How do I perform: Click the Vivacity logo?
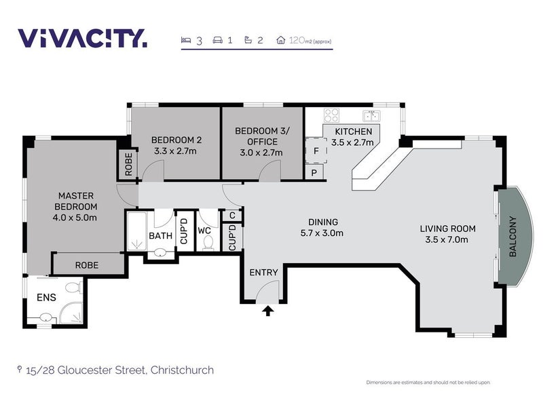point(81,38)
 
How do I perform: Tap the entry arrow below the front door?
point(268,311)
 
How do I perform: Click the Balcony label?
point(512,237)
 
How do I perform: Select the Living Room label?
point(447,233)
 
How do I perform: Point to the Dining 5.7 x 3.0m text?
point(323,227)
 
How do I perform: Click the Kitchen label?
point(352,137)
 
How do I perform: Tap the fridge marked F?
point(316,151)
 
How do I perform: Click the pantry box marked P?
point(314,173)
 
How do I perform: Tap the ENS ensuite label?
point(46,296)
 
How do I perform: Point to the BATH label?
point(160,237)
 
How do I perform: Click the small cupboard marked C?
point(232,216)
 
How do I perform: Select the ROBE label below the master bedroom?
point(87,265)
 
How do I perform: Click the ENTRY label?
point(263,272)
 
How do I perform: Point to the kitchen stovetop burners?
point(331,115)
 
